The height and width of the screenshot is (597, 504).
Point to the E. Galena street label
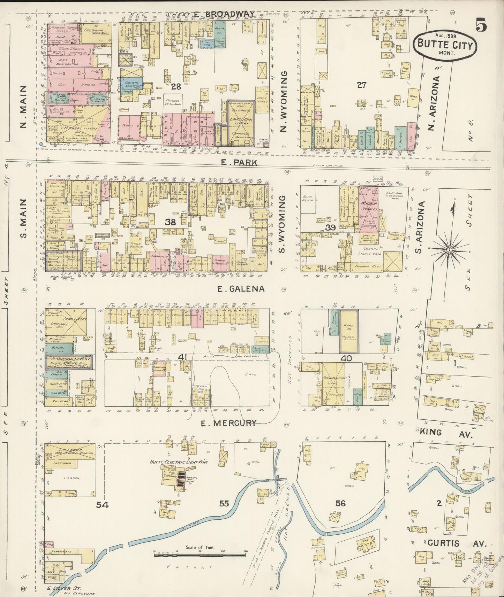[x=241, y=289]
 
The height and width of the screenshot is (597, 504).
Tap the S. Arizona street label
[x=422, y=227]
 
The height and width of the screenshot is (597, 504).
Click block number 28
[x=176, y=86]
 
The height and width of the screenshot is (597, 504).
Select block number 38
[x=170, y=222]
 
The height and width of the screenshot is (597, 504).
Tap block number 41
[x=182, y=357]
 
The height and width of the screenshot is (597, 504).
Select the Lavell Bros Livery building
[x=241, y=122]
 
